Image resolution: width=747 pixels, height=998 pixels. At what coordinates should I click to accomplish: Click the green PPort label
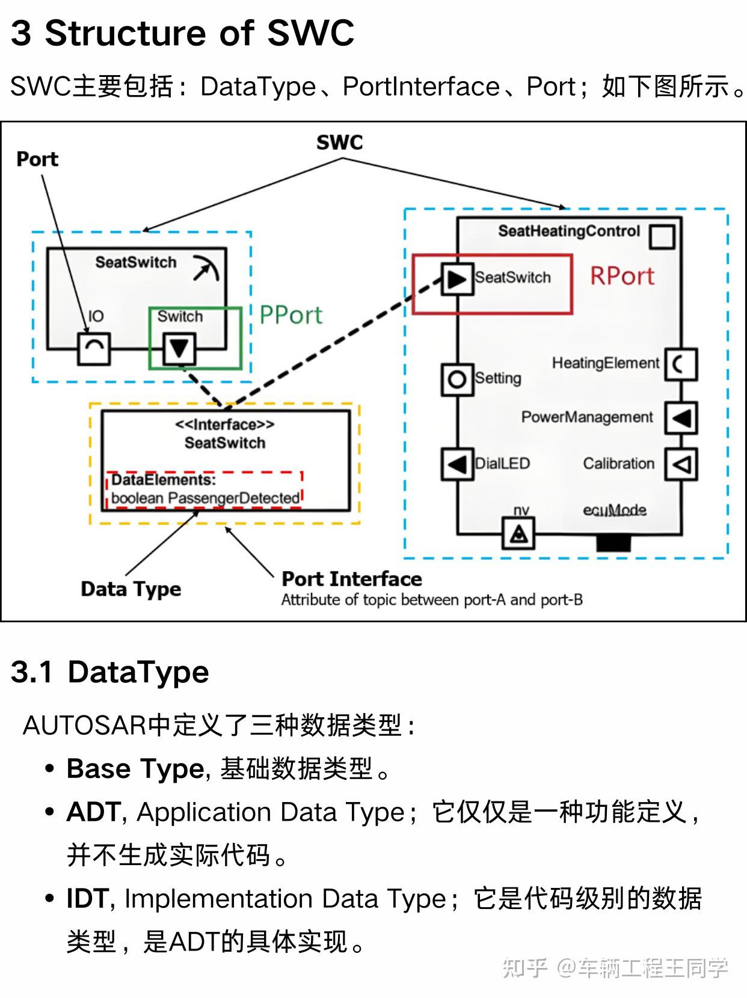coord(290,315)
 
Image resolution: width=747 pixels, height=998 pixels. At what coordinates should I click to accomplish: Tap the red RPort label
coord(622,276)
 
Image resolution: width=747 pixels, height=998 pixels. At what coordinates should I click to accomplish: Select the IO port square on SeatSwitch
coord(94,349)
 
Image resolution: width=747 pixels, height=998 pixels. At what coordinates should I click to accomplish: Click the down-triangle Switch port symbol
coord(179,348)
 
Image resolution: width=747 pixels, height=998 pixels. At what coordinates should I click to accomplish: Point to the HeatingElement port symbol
coord(680,364)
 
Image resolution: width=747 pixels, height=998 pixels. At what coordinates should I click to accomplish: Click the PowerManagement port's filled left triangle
coord(680,417)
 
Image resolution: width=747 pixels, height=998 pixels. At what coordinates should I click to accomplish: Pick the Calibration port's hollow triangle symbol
coord(680,464)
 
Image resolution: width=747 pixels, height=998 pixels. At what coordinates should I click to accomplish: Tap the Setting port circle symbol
coord(457,379)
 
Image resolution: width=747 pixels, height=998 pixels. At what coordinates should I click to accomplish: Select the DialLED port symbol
coord(457,464)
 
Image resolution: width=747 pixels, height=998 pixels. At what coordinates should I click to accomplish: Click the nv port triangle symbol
coord(518,533)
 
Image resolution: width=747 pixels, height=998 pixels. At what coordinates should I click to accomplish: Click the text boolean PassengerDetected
coord(205,498)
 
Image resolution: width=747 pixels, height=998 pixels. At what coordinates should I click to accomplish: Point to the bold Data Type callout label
coord(131,589)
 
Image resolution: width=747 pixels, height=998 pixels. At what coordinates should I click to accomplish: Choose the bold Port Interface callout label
coord(352,579)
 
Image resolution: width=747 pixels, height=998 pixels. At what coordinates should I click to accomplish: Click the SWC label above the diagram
coord(340,142)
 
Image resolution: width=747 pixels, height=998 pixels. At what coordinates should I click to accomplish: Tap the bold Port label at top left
coord(37,159)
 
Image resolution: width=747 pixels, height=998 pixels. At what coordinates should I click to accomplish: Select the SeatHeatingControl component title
coord(568,231)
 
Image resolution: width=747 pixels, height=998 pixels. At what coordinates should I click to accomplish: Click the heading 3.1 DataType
coord(109,672)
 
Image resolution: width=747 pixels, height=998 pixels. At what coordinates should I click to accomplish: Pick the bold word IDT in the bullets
coord(87,899)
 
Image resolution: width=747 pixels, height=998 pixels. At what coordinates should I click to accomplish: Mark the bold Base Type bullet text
coord(135,768)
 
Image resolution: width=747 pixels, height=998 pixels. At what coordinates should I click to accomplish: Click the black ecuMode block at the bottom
coord(613,542)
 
